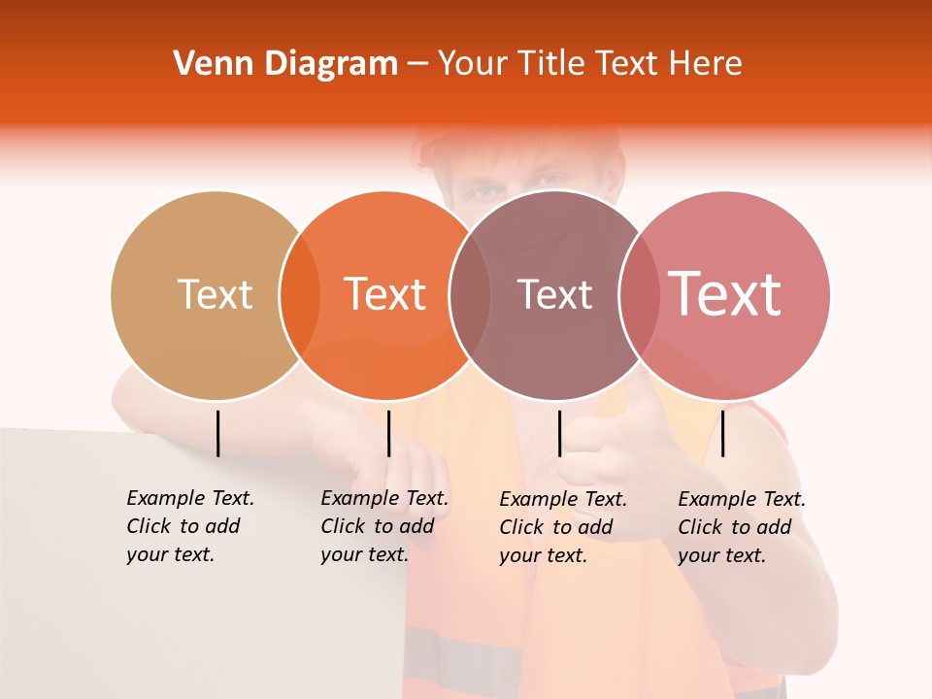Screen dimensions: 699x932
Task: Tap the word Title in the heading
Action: tap(553, 64)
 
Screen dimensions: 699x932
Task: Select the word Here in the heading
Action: tap(708, 64)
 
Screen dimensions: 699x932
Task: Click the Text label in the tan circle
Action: tap(215, 294)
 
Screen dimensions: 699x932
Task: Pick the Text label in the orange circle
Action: tap(385, 294)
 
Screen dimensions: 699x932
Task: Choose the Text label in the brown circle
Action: tap(555, 294)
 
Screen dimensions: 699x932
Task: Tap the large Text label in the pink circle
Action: tap(725, 294)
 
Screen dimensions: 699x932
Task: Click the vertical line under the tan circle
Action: tap(218, 433)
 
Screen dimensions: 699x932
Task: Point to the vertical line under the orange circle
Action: tap(388, 433)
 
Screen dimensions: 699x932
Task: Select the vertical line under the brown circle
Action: tap(559, 433)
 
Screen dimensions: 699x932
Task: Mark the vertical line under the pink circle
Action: tap(722, 433)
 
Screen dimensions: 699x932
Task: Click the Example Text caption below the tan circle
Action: tap(189, 526)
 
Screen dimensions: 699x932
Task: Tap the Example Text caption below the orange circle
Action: tap(383, 526)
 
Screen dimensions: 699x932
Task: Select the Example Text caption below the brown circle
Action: tap(562, 527)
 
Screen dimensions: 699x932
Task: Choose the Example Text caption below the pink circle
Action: tap(741, 527)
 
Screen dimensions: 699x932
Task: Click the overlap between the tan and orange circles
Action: tap(299, 295)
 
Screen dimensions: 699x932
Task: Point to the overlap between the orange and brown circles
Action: tap(469, 295)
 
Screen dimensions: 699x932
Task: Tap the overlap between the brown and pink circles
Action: tap(638, 295)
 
